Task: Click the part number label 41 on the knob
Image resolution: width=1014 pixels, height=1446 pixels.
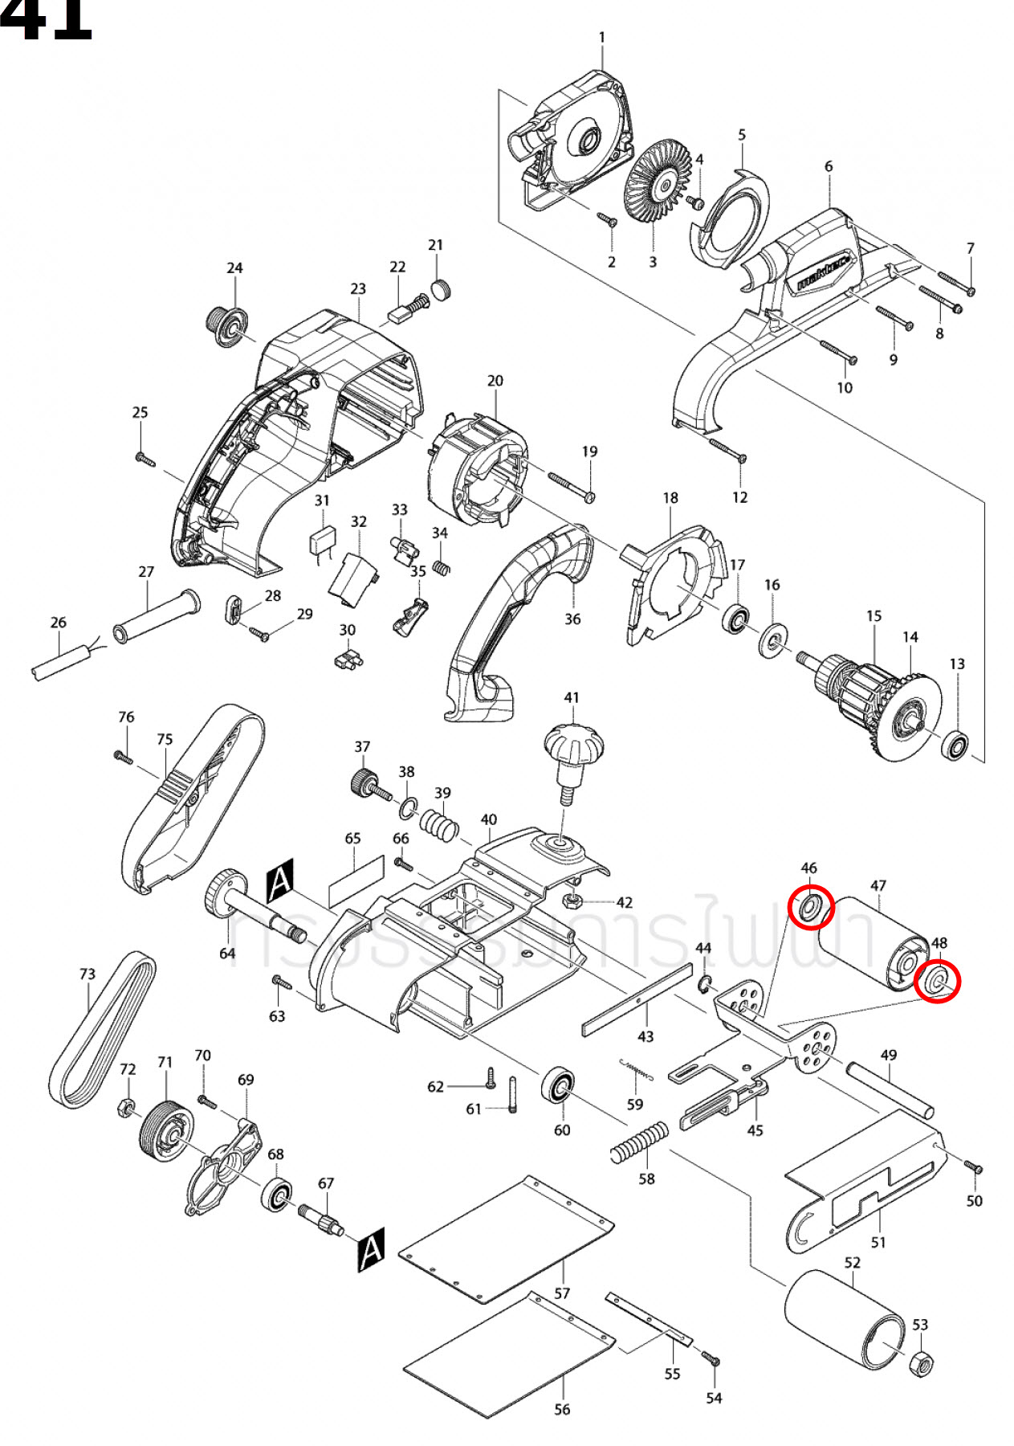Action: click(571, 697)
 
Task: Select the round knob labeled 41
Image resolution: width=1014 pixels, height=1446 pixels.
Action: click(573, 744)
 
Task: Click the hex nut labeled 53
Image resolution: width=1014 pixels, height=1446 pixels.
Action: click(922, 1362)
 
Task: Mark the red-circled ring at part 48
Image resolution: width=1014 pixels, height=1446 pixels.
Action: click(938, 981)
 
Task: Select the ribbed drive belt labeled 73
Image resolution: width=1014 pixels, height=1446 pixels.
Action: click(102, 1031)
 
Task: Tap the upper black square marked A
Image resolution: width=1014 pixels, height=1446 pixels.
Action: click(279, 881)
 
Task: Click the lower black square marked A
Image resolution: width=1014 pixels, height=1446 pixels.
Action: click(370, 1249)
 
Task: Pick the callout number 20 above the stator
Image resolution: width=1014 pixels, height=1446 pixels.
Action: click(495, 380)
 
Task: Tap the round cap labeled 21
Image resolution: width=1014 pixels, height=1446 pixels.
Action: click(441, 289)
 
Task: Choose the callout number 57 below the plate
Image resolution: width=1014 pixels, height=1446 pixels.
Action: click(562, 1293)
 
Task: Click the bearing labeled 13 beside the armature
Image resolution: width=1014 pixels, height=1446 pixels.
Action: click(955, 746)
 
